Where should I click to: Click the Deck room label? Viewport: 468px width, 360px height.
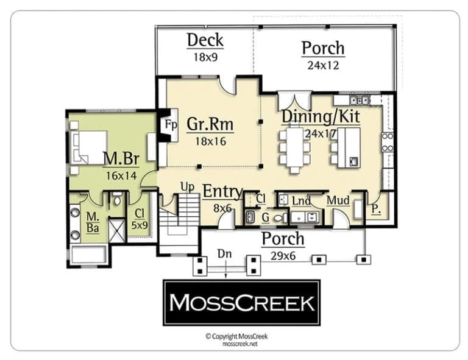click(205, 40)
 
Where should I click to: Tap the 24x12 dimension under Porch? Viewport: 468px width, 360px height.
click(323, 65)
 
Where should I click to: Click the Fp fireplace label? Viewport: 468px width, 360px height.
click(170, 124)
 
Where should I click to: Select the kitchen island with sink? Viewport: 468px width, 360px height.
click(349, 147)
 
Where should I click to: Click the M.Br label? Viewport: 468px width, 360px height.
click(121, 159)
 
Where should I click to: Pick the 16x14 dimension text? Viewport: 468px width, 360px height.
click(120, 175)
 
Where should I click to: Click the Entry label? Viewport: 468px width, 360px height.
click(222, 191)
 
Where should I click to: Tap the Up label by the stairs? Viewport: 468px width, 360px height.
click(186, 185)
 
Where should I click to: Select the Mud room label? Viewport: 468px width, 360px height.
click(338, 200)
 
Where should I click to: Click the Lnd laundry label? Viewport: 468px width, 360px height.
click(302, 200)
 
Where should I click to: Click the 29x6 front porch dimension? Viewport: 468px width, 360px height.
click(283, 256)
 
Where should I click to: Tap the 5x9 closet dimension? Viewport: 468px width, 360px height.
click(140, 224)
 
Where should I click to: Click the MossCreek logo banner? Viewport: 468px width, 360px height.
click(241, 302)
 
